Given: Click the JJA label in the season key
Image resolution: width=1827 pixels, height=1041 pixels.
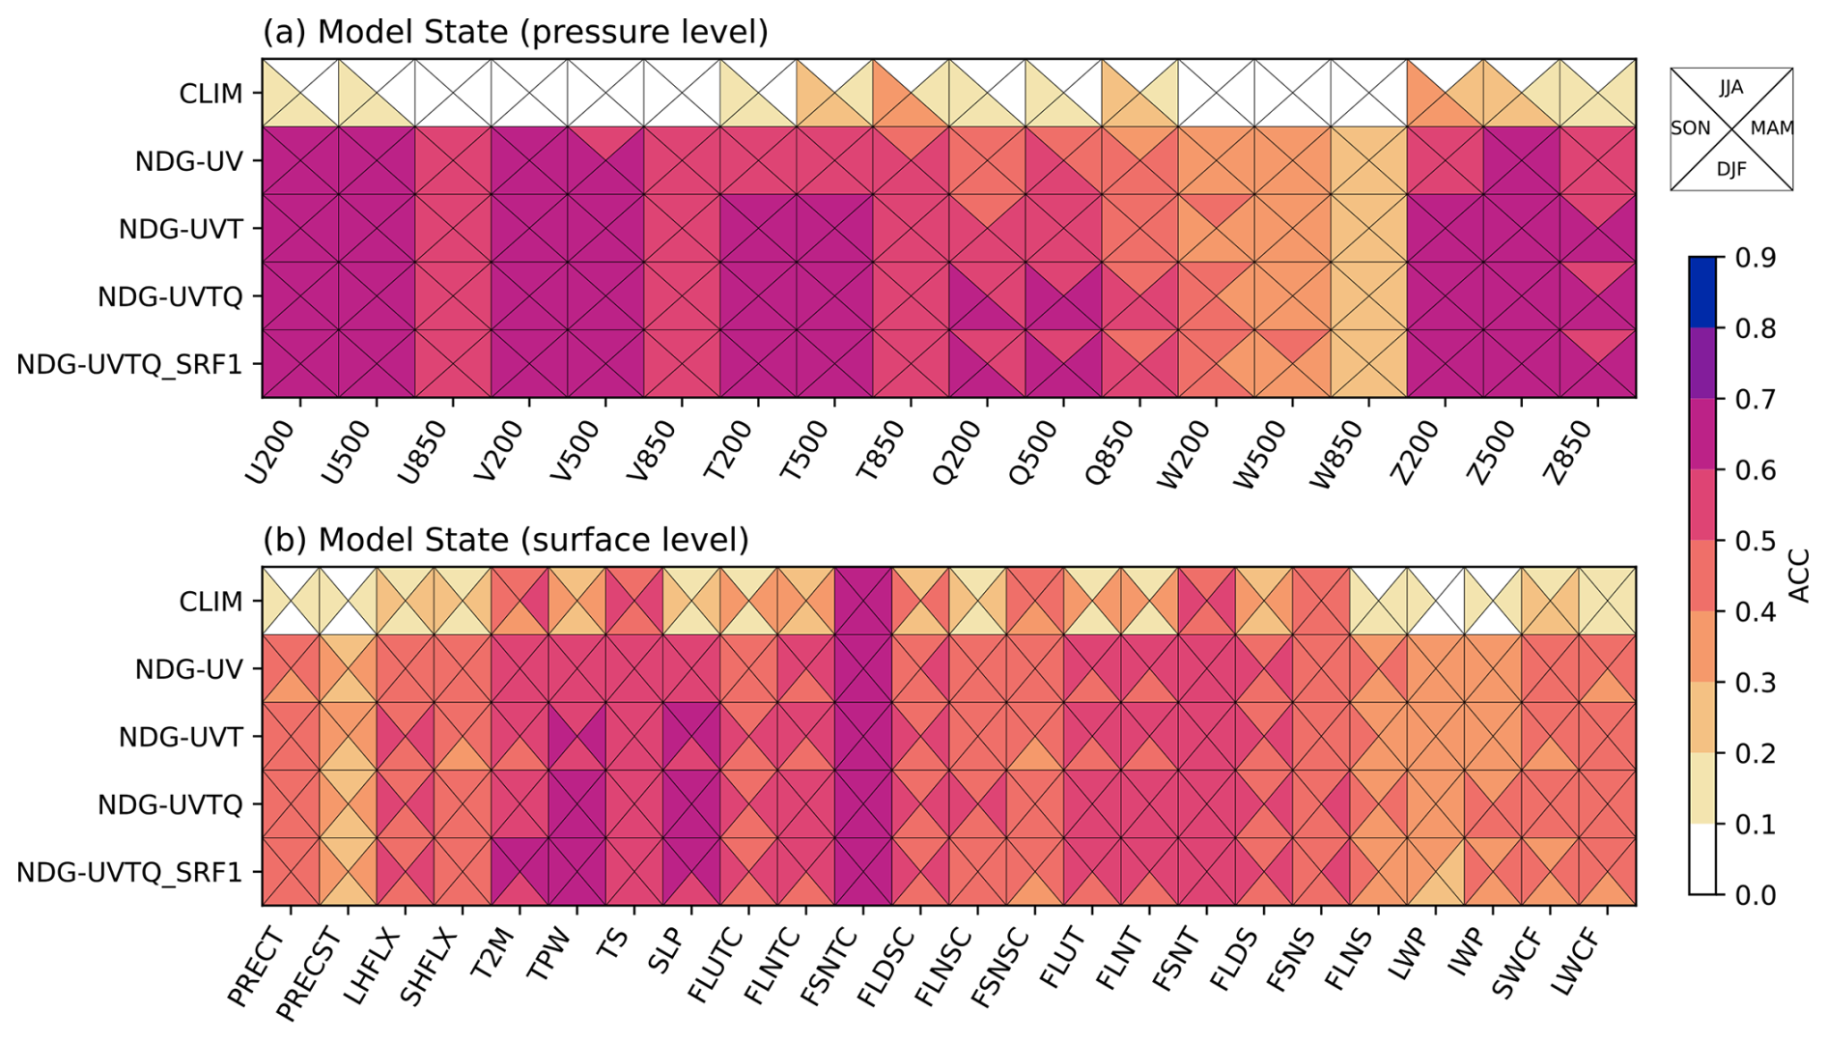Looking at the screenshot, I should pos(1731,88).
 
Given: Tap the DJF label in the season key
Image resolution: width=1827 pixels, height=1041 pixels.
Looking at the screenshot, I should pos(1731,170).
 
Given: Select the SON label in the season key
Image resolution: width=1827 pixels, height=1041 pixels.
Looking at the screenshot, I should pos(1690,128).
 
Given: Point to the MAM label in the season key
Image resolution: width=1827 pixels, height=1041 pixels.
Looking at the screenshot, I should pos(1772,128).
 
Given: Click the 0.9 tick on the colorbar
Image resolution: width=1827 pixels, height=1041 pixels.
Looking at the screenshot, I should pos(1755,258).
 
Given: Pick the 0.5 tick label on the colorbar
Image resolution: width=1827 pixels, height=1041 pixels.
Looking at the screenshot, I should pos(1755,541).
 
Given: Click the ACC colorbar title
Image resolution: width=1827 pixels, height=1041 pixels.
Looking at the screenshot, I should pos(1800,576).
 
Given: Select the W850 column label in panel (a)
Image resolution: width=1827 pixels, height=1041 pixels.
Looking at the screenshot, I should pos(1337,455).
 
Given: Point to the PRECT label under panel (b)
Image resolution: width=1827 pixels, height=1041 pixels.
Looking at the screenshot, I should pos(258,966).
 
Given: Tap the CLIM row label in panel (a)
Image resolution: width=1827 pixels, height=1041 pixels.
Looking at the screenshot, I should pos(211,94).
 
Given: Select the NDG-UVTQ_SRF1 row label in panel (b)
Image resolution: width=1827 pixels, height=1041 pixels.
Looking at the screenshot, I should pos(129,872).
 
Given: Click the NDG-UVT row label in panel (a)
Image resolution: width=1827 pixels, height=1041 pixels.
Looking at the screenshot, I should pos(181,229).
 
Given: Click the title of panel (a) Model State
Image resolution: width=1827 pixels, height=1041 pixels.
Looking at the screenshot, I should pos(516,32).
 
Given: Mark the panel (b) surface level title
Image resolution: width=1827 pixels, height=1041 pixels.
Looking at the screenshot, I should pos(506,540).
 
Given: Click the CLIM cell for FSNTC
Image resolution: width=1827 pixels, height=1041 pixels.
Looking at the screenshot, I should pos(863,601).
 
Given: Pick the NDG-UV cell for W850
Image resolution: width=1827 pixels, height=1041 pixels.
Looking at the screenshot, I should pos(1368,160).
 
